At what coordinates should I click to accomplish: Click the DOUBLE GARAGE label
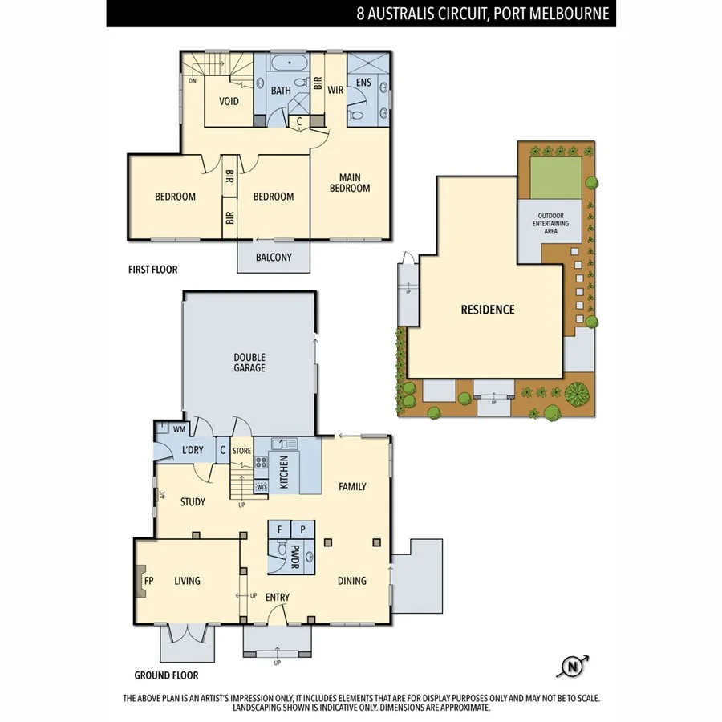(x=249, y=363)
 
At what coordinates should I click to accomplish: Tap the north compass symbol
(x=572, y=665)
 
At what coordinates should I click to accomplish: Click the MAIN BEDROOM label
(x=349, y=182)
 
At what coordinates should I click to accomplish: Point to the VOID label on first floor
(x=229, y=101)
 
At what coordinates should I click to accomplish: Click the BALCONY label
(x=273, y=258)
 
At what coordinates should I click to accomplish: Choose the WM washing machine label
(x=179, y=429)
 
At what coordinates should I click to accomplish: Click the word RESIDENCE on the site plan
(x=487, y=310)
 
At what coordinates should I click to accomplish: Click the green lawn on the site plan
(x=555, y=177)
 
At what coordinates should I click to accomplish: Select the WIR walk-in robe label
(x=335, y=90)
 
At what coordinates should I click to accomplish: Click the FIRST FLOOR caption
(x=152, y=270)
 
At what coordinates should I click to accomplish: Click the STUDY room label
(x=193, y=502)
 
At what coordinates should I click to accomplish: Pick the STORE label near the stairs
(x=241, y=451)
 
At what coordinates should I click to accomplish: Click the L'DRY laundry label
(x=193, y=450)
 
